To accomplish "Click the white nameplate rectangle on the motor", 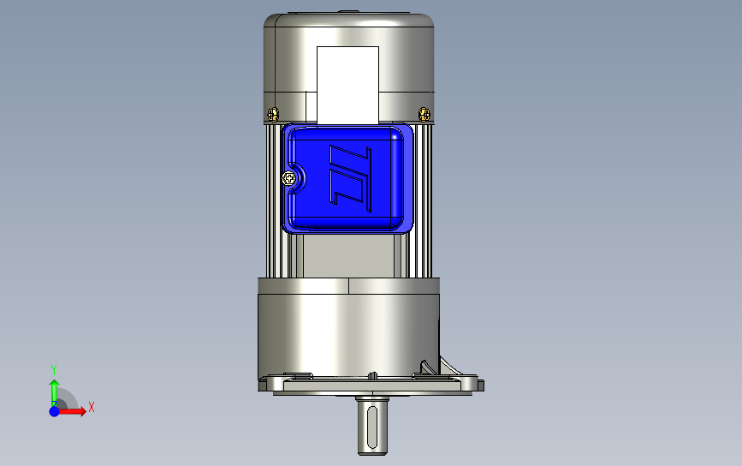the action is click(347, 86).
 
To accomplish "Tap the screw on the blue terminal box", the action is click(288, 178).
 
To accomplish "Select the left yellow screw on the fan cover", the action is click(273, 114).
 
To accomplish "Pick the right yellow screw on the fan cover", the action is click(424, 114).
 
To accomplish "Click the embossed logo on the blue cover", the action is click(350, 178).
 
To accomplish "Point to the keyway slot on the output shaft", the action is click(372, 427).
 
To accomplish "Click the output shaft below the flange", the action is click(372, 425).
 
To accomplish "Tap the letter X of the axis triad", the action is click(92, 407).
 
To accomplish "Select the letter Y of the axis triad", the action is click(54, 369).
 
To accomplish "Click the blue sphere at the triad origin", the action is click(55, 411).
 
